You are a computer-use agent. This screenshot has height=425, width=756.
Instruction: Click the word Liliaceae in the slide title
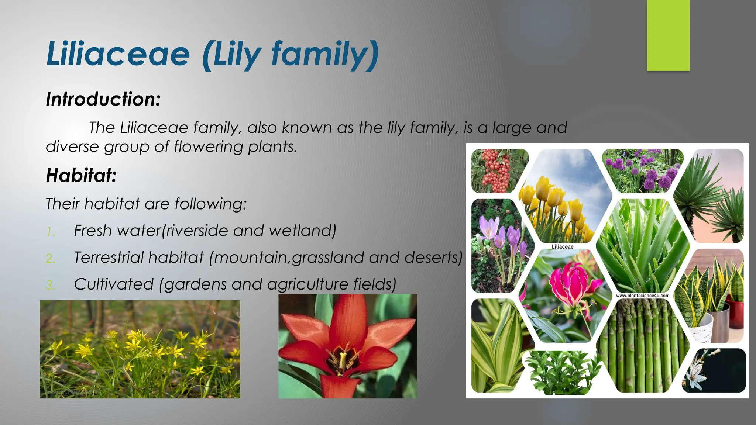pos(118,55)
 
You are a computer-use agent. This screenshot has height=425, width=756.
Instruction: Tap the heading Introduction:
pos(103,99)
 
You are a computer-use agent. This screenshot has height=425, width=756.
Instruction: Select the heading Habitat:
pos(81,175)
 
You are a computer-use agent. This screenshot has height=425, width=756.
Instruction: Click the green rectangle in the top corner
pos(668,35)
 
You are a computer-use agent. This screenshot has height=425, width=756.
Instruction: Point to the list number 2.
pos(51,258)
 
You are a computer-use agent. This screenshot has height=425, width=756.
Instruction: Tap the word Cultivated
pos(114,284)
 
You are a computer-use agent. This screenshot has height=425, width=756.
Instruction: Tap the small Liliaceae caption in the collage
pos(562,246)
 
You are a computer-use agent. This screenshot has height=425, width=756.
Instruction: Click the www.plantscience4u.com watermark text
pos(643,296)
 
